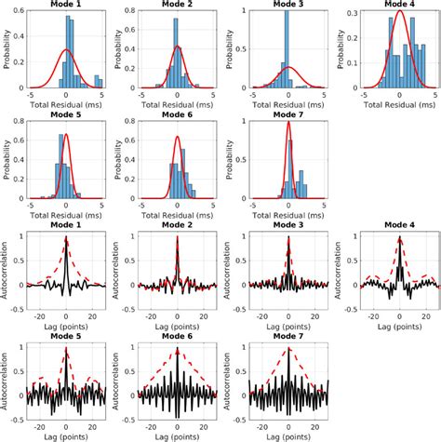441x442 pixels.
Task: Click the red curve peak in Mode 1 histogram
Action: pyautogui.click(x=66, y=50)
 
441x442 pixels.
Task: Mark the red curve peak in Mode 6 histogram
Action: pyautogui.click(x=177, y=138)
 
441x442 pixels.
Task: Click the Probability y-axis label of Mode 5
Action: pyautogui.click(x=7, y=161)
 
